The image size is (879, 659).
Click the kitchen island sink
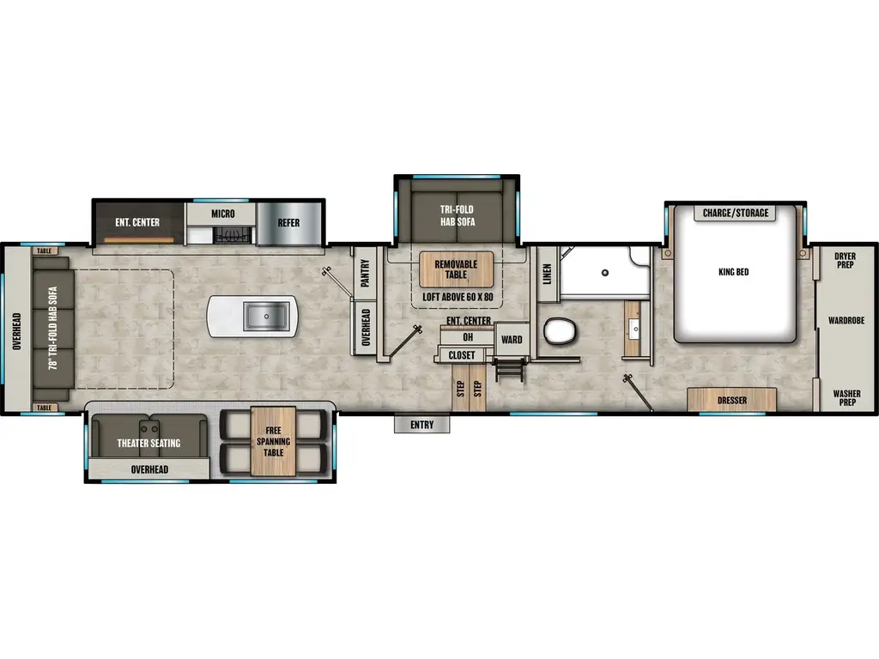pos(264,317)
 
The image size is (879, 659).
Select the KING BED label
pos(733,272)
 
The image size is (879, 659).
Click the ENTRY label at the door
pos(421,425)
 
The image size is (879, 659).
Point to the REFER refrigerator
pos(288,222)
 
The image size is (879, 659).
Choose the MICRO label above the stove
pos(222,213)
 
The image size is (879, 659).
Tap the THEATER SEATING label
pos(149,443)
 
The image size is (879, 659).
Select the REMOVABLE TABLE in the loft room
pos(456,269)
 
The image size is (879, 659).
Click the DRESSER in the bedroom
pos(732,401)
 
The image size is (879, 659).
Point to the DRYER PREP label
pos(846,260)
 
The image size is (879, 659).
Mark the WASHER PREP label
pos(846,397)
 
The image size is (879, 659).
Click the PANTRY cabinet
pos(364,275)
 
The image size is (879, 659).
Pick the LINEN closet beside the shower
pos(547,275)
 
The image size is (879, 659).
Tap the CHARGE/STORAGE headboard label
pos(735,213)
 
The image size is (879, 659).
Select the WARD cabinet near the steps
pos(512,339)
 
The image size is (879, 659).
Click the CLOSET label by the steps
pos(462,355)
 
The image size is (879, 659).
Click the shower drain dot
pos(605,272)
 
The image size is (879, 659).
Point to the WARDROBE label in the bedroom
pos(846,320)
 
